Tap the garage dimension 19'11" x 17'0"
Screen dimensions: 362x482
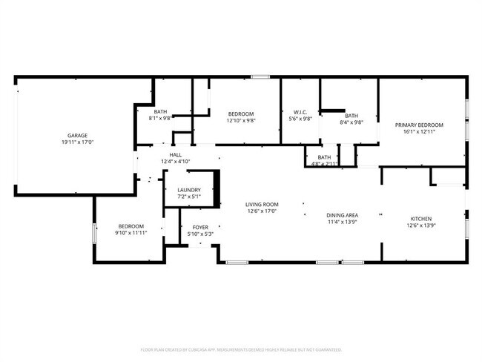click(73, 142)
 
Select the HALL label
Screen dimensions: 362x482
click(176, 155)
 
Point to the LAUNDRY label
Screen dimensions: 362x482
click(189, 191)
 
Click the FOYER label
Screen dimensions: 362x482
click(200, 227)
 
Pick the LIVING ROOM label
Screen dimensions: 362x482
click(262, 204)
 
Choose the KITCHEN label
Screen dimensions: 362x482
click(421, 219)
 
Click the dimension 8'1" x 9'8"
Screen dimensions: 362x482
click(160, 118)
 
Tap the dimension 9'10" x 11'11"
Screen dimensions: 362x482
click(131, 232)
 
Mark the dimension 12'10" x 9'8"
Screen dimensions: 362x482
click(240, 120)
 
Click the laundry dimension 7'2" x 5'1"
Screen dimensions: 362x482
click(189, 197)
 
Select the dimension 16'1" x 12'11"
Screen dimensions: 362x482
click(418, 131)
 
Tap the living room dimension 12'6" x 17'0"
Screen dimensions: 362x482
click(262, 211)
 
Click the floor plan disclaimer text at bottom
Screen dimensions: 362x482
click(241, 349)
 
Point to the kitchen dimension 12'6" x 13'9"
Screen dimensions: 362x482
click(421, 226)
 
